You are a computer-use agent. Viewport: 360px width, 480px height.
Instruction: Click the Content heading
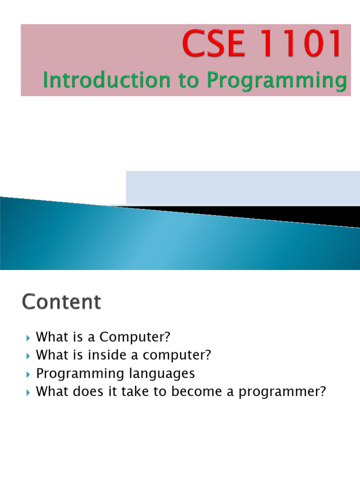[x=61, y=302]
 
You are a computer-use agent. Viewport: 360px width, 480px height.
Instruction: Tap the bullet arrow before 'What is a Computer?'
[x=28, y=337]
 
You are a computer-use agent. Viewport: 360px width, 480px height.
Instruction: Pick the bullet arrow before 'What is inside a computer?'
[x=28, y=356]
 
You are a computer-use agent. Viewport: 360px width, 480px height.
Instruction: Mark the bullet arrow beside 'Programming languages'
[x=28, y=374]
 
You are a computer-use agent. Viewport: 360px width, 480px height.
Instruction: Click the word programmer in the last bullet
[x=282, y=392]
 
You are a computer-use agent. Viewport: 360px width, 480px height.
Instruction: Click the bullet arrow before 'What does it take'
[x=28, y=392]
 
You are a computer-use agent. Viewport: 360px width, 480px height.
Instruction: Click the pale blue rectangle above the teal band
[x=242, y=187]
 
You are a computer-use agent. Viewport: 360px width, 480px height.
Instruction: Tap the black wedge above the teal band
[x=281, y=214]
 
